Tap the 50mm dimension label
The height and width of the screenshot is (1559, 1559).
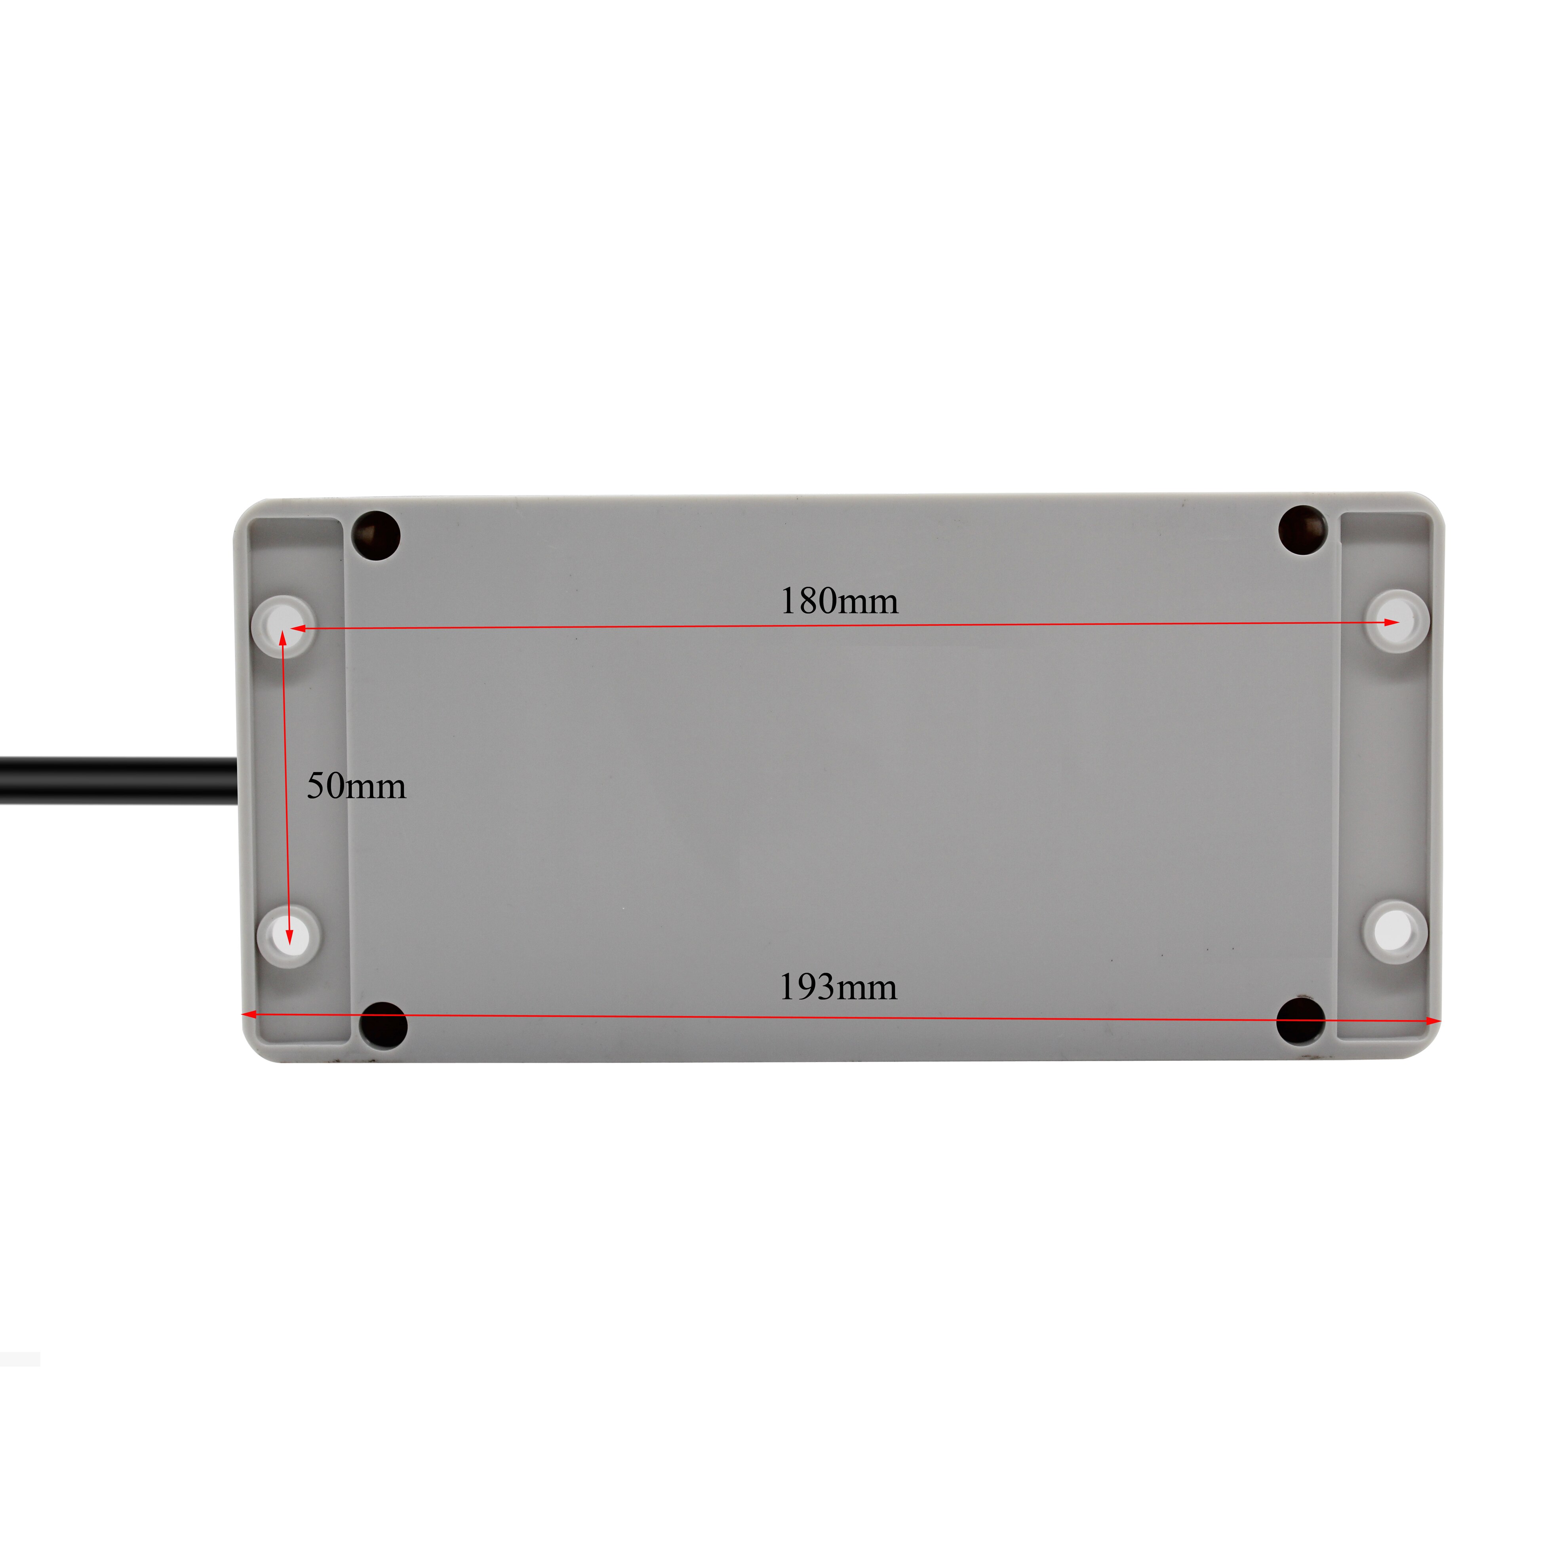coord(356,786)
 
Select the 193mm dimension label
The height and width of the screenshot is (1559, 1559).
coord(838,987)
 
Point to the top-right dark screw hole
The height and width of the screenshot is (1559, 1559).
coord(1303,530)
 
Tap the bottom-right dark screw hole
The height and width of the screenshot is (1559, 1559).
coord(1301,1021)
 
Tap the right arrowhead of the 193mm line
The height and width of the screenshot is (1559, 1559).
coord(1433,1022)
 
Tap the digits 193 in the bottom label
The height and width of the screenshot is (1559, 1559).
coord(807,987)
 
